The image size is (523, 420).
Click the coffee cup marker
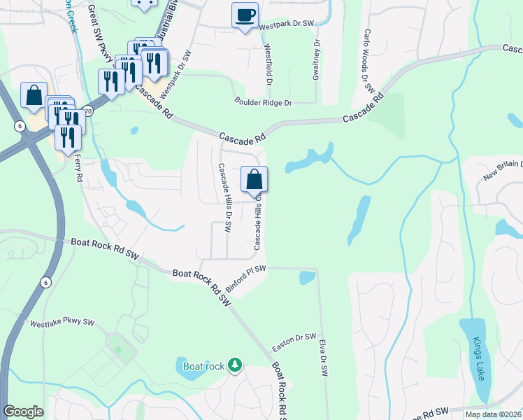tap(245, 15)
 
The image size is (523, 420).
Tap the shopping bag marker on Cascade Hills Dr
tap(255, 180)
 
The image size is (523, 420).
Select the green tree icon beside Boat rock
tap(236, 365)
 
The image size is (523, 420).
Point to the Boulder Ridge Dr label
tap(263, 103)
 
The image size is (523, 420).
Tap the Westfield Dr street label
tap(268, 64)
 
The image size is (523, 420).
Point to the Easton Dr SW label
tap(294, 342)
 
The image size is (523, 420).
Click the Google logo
tap(23, 412)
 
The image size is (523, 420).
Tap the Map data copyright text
tap(494, 414)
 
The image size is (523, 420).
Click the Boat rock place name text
tap(203, 365)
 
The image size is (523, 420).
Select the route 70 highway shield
tap(87, 111)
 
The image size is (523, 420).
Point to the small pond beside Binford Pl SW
tap(307, 277)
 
